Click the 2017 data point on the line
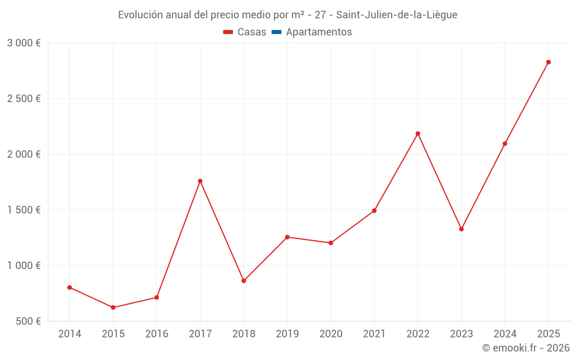pos(200,181)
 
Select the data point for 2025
pos(548,62)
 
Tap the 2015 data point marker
pos(113,308)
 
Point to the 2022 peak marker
pos(418,134)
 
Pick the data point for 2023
pos(461,229)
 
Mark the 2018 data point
pos(244,281)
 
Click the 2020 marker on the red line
pos(331,243)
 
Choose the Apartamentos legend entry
pos(319,32)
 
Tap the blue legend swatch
pos(276,32)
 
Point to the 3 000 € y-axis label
pos(24,43)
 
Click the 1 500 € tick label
pos(24,210)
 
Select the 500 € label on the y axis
pos(28,321)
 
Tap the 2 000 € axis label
pos(24,154)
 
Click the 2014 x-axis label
pos(70,334)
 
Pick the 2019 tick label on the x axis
pos(287,334)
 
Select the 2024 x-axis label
pos(505,334)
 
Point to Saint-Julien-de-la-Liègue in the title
pos(397,15)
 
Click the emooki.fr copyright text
pos(526,348)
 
